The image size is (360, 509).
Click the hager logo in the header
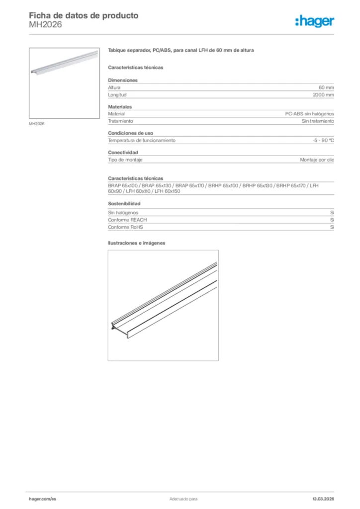pyautogui.click(x=314, y=20)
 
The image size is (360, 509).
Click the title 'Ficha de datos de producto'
pyautogui.click(x=84, y=15)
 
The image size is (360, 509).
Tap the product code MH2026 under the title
pyautogui.click(x=45, y=25)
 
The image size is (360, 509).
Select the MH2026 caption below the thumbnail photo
pyautogui.click(x=37, y=124)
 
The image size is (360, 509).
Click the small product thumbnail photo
pyautogui.click(x=64, y=83)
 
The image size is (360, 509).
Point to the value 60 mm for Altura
pyautogui.click(x=326, y=87)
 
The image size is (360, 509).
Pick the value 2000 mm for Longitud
pyautogui.click(x=323, y=94)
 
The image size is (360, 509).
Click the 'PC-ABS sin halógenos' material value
pyautogui.click(x=309, y=114)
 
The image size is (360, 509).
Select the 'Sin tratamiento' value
pyautogui.click(x=318, y=121)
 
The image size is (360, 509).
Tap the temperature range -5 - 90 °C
pyautogui.click(x=323, y=141)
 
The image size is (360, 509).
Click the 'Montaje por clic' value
pyautogui.click(x=317, y=160)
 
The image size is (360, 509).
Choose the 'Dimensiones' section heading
pyautogui.click(x=123, y=80)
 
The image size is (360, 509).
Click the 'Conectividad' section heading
pyautogui.click(x=123, y=152)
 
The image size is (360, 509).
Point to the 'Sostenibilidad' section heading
pyautogui.click(x=124, y=204)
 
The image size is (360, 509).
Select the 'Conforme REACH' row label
pyautogui.click(x=128, y=220)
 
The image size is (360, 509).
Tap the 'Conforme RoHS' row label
pyautogui.click(x=126, y=227)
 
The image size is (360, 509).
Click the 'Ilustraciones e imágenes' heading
pyautogui.click(x=137, y=243)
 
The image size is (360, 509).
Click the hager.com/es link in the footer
pyautogui.click(x=43, y=499)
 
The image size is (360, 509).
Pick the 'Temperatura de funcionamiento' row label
pyautogui.click(x=142, y=141)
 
